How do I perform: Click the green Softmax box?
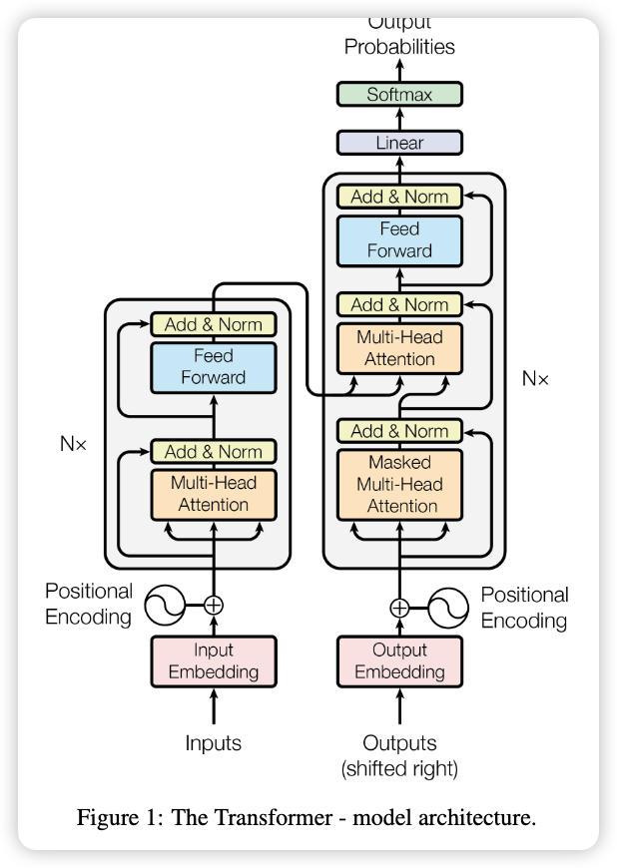click(x=399, y=95)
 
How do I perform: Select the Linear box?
click(x=399, y=143)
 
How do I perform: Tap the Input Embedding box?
click(x=214, y=660)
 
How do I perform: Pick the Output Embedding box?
click(x=399, y=660)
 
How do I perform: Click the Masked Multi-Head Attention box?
click(x=399, y=484)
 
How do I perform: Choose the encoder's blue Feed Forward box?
click(x=214, y=366)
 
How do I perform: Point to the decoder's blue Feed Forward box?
click(x=399, y=240)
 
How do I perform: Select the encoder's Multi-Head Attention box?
click(x=214, y=494)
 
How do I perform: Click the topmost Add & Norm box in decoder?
click(x=399, y=197)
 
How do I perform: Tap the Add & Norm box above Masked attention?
click(x=399, y=431)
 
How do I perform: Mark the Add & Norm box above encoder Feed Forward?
click(x=214, y=324)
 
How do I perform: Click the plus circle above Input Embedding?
click(x=214, y=605)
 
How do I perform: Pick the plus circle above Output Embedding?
click(x=399, y=607)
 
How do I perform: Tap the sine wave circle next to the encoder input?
click(x=165, y=605)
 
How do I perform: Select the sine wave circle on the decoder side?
click(x=449, y=607)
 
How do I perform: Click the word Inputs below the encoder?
click(x=214, y=743)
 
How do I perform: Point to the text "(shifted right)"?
click(x=399, y=768)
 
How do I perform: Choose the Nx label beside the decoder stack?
click(x=535, y=379)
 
